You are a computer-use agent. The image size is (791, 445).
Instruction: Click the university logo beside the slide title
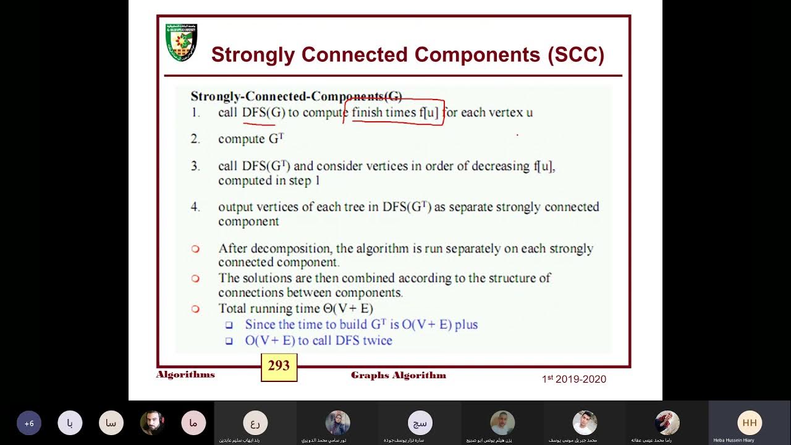[181, 43]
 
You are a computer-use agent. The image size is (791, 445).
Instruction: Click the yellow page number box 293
[279, 367]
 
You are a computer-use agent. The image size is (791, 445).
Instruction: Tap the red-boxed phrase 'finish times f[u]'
[394, 112]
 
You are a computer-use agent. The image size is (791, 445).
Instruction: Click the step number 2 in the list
[195, 139]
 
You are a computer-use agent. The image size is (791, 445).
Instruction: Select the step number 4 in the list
[195, 207]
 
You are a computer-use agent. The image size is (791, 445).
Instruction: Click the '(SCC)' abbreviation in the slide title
[575, 54]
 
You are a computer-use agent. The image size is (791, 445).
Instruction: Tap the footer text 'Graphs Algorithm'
[398, 375]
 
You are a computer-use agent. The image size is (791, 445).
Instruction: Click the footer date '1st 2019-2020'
[574, 379]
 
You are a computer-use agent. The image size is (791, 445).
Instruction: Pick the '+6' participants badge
[28, 423]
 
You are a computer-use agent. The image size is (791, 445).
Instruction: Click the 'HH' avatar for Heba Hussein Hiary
[749, 423]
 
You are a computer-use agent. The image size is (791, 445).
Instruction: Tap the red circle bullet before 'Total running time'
[195, 308]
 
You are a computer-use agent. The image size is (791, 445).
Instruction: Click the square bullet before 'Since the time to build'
[229, 324]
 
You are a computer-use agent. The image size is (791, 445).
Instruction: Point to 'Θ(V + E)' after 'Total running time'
[348, 308]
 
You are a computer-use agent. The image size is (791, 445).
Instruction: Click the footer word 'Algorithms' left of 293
[185, 375]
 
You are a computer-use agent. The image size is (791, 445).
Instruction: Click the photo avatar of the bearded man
[152, 423]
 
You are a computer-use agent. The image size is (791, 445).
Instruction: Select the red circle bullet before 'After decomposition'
[195, 249]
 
